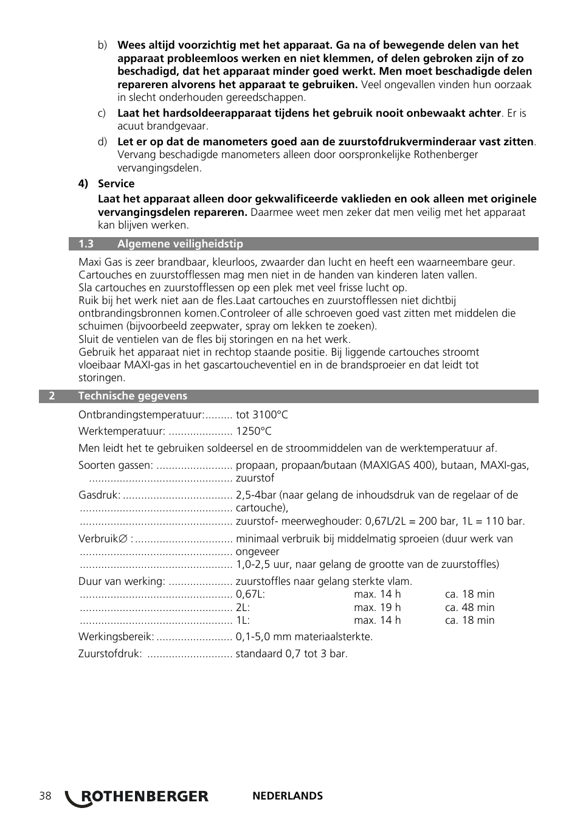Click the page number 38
[45, 796]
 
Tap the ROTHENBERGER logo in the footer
[137, 796]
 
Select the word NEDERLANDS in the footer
[287, 796]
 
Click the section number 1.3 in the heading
[86, 244]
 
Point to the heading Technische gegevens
[133, 396]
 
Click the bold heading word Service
[116, 184]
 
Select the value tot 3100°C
[262, 415]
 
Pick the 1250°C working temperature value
[254, 431]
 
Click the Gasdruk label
[99, 495]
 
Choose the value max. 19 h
[377, 607]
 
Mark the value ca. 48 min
[469, 607]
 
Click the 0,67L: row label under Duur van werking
[250, 594]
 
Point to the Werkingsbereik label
[116, 637]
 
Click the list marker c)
[102, 113]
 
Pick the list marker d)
[102, 142]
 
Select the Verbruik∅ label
[105, 539]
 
